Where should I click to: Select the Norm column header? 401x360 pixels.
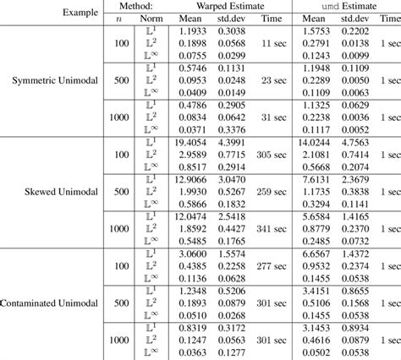pos(158,23)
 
